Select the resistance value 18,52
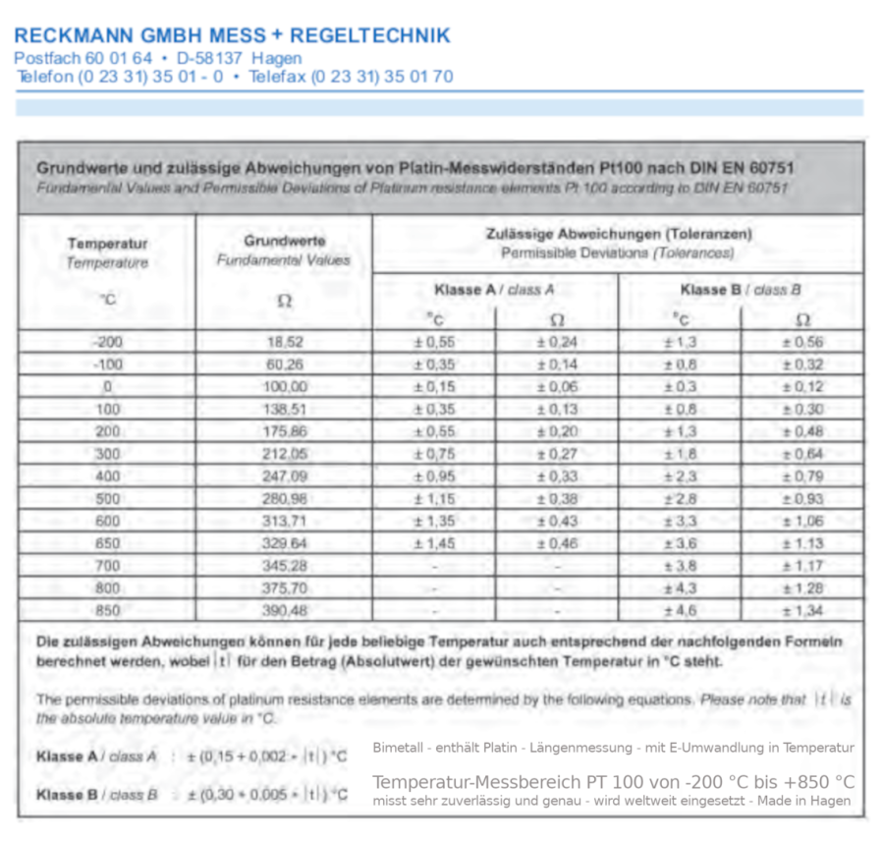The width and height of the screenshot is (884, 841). (284, 343)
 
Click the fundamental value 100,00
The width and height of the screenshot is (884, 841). (284, 387)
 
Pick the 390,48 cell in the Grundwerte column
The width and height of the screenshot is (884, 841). (284, 610)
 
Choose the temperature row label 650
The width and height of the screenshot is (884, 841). (108, 543)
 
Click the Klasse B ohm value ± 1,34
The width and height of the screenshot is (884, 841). (802, 610)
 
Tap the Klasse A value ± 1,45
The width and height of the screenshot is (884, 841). (434, 543)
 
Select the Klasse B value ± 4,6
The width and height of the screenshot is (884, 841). (680, 610)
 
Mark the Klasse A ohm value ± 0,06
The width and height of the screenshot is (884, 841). (557, 387)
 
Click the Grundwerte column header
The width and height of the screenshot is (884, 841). (283, 241)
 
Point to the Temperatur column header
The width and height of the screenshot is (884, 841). (108, 243)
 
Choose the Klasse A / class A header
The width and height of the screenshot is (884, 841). (494, 290)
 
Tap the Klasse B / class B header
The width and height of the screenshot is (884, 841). (741, 290)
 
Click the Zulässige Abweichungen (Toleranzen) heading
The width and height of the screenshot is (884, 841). (619, 234)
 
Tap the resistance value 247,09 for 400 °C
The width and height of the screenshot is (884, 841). (284, 477)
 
